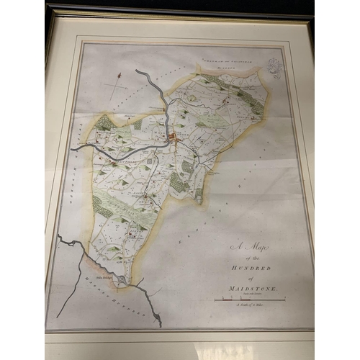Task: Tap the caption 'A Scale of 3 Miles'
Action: click(x=252, y=305)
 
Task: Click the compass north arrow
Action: click(x=115, y=86)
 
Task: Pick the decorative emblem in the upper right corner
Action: click(x=272, y=68)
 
